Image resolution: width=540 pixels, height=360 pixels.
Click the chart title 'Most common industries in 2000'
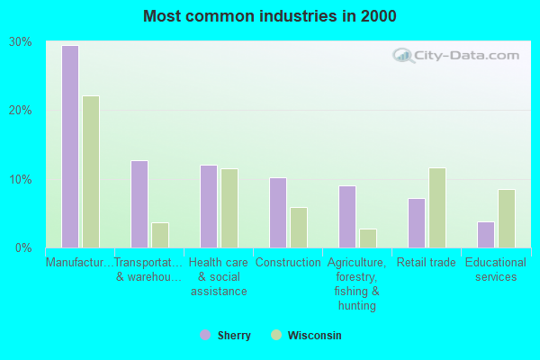coord(269,16)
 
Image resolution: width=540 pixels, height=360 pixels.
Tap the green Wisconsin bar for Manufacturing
coord(91,172)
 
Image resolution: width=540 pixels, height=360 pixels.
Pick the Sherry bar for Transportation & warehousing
coord(139,204)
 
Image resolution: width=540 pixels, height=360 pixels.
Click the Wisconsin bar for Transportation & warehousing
coord(160,235)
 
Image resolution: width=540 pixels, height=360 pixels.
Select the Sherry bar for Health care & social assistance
coord(208,206)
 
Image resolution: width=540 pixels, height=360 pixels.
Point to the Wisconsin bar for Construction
coord(299,228)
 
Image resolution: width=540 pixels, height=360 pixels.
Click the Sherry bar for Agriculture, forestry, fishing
coord(346,217)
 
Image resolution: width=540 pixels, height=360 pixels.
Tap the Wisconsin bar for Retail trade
coord(437,208)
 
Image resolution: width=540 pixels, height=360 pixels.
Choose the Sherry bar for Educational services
coord(485,235)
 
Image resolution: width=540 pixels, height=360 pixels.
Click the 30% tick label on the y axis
coord(21,42)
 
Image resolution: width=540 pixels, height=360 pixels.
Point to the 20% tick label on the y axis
coord(21,111)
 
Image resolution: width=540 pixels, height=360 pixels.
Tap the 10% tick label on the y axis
coord(21,179)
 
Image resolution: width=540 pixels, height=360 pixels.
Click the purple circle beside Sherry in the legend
coord(205,335)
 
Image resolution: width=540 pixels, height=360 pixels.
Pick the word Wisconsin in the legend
coord(314,336)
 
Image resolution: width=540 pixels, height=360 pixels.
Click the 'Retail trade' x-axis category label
coord(426,263)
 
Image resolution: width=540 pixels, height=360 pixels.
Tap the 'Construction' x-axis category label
coord(288,263)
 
